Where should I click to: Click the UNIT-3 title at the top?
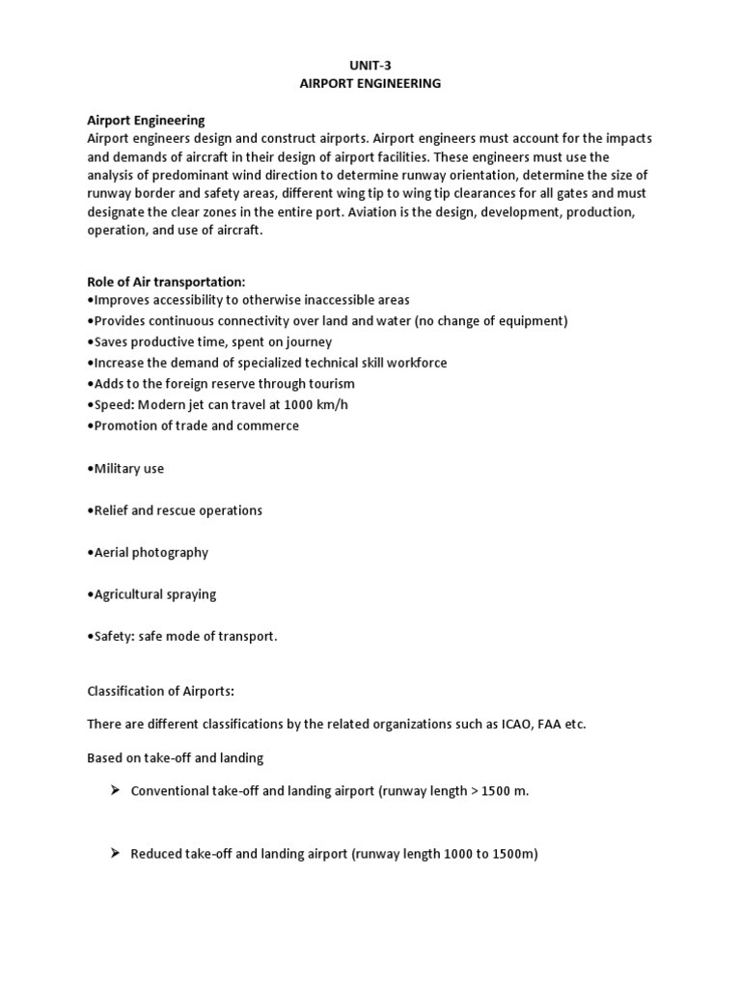click(370, 66)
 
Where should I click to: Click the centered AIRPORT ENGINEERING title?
click(370, 84)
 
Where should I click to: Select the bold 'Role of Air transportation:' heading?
click(166, 282)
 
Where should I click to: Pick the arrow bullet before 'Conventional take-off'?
click(113, 790)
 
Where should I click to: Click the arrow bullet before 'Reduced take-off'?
click(113, 853)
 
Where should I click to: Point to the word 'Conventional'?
click(170, 791)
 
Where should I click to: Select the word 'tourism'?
click(333, 384)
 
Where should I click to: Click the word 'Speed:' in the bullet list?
click(113, 404)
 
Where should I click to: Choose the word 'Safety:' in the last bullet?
click(114, 637)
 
